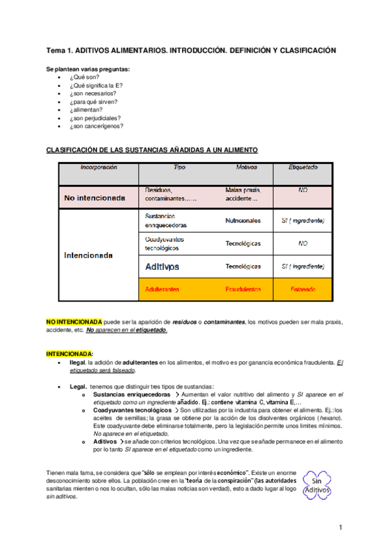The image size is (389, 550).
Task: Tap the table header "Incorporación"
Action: (x=99, y=167)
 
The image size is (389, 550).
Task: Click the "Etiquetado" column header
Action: (x=303, y=167)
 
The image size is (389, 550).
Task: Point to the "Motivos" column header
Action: (x=242, y=167)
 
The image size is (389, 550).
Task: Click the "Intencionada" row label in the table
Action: (x=88, y=255)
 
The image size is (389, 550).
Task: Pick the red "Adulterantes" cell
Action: (x=163, y=289)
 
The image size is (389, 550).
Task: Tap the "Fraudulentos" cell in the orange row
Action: (x=243, y=289)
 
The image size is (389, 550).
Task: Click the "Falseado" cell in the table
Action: (x=303, y=289)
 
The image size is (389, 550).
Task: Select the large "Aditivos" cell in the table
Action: (x=162, y=267)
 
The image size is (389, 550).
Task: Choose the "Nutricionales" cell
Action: (x=243, y=221)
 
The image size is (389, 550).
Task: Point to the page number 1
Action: (x=340, y=529)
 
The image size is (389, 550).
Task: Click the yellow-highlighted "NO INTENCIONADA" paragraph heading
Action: (x=74, y=322)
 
